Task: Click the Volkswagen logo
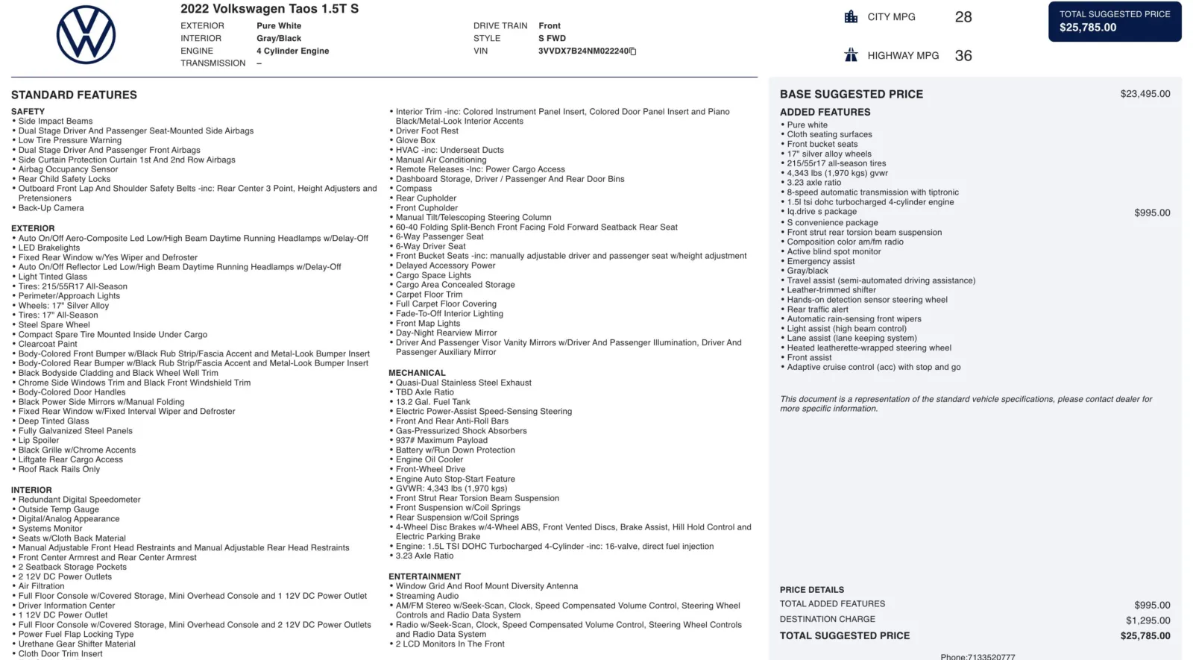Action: coord(86,35)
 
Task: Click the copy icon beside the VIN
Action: coord(633,51)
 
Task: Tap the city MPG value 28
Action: coord(963,17)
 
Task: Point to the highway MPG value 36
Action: coord(963,56)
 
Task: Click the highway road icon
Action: coord(851,55)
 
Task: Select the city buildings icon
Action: coord(851,16)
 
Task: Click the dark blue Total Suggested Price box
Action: coord(1114,21)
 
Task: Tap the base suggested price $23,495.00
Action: coord(1145,94)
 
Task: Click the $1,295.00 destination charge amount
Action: coord(1148,620)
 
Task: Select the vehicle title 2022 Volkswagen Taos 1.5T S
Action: coord(269,9)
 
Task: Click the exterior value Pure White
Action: coord(279,25)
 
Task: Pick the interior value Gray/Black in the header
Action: coord(279,38)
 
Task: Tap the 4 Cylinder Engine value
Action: coord(292,51)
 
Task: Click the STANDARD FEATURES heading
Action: coord(74,95)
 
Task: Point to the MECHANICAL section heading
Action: coord(417,373)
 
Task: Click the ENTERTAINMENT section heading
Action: coord(424,576)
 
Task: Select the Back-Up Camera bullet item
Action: coord(51,208)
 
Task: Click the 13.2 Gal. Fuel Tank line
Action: coord(432,402)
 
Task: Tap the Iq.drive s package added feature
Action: coord(822,212)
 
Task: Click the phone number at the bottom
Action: coord(978,656)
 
